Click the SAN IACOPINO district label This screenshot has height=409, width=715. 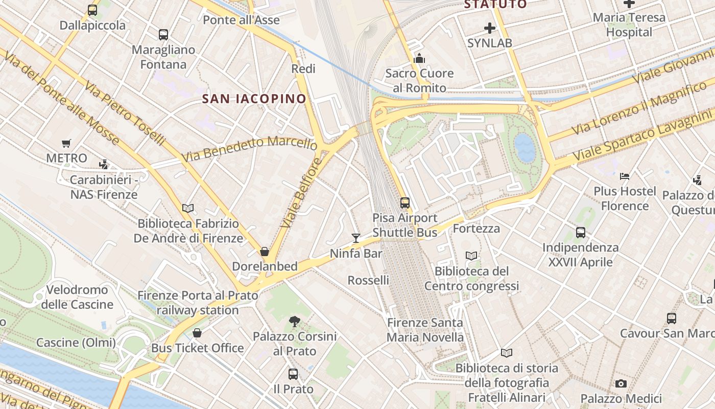point(254,99)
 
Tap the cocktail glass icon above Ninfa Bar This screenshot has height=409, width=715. point(356,238)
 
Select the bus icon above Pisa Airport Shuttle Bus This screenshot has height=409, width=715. point(405,203)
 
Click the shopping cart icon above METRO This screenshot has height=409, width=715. point(66,144)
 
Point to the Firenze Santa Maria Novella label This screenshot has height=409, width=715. point(425,330)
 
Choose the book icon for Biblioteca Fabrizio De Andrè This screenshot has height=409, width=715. point(188,208)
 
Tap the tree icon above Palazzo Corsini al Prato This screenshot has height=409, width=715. point(294,322)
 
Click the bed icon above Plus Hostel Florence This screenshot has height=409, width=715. point(624,176)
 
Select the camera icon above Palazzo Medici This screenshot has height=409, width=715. point(621,383)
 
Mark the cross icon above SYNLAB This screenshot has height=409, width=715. point(490,28)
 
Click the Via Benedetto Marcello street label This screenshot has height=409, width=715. point(249,149)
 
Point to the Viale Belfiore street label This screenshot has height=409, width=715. point(301,193)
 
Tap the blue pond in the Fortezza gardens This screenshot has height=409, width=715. point(525,147)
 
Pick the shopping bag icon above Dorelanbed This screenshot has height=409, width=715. point(265,252)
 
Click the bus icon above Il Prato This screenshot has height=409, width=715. point(293,374)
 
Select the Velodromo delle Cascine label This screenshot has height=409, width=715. point(77,297)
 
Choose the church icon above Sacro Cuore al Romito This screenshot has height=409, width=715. point(419,58)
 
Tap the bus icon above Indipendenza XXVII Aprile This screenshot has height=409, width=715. point(581,233)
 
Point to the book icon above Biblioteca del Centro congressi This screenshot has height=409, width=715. point(471,256)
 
